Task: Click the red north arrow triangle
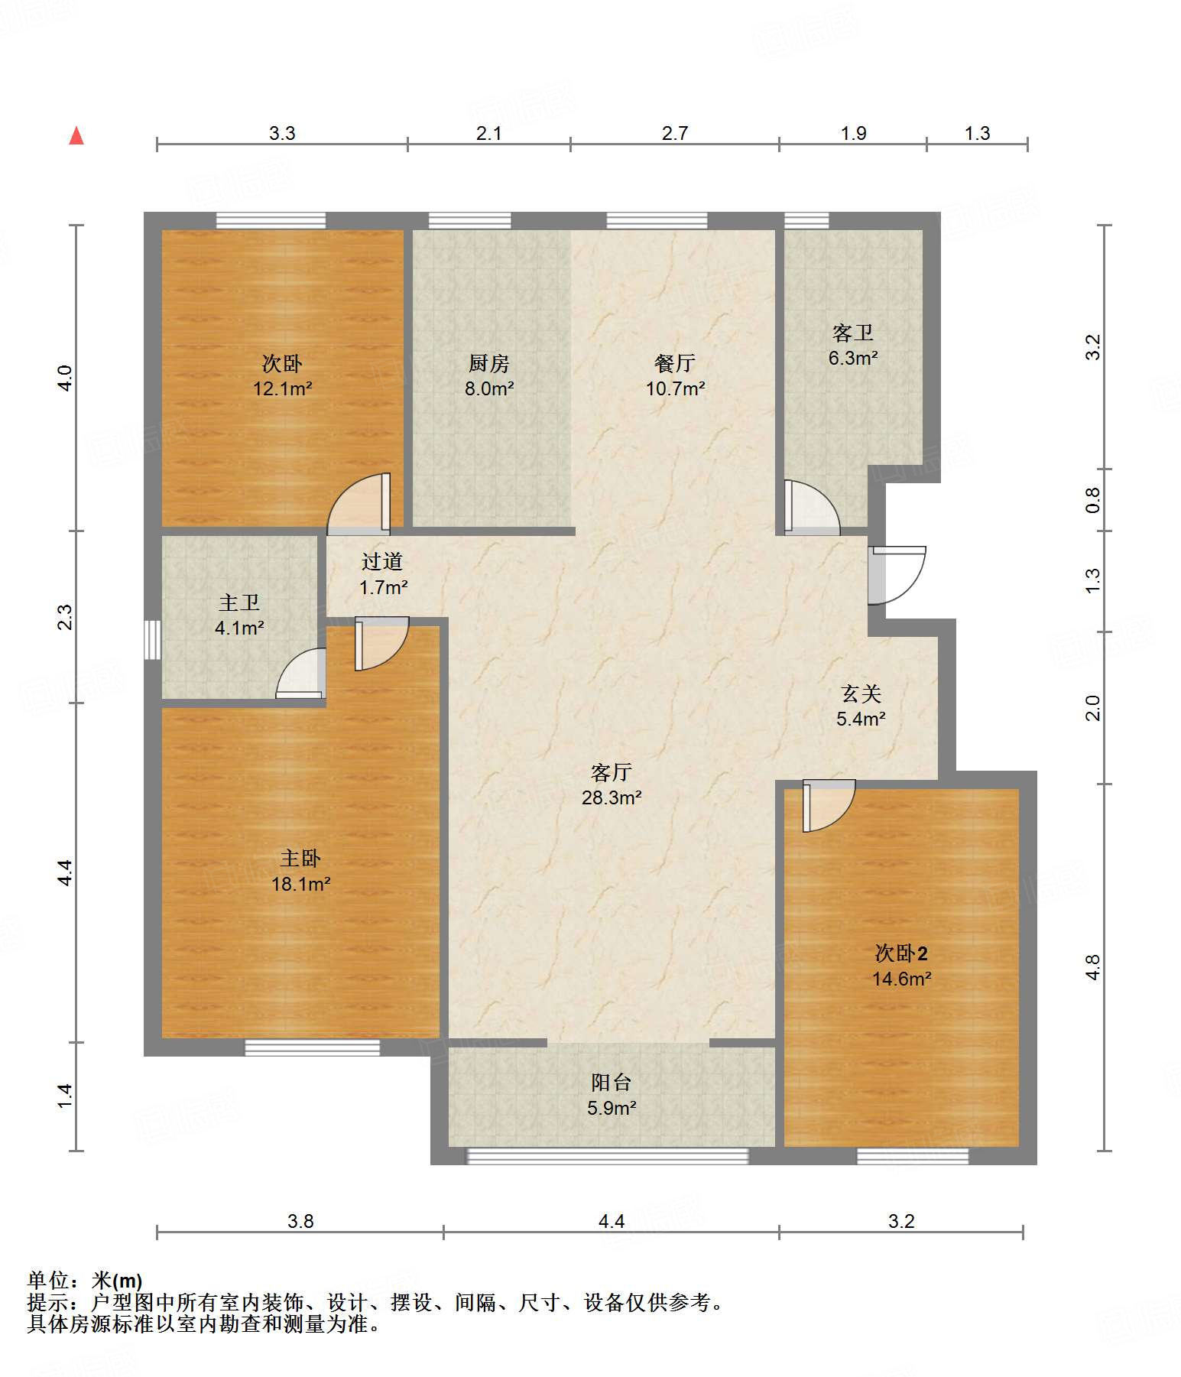point(76,135)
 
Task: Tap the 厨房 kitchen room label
point(489,363)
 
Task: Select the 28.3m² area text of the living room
point(612,797)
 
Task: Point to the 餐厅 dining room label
point(675,363)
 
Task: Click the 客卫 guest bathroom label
point(853,333)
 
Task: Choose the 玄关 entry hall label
point(861,693)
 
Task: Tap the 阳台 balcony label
point(612,1082)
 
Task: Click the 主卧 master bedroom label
point(300,859)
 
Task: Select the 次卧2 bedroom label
point(902,953)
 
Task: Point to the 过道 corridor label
point(382,562)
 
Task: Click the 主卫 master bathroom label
point(239,603)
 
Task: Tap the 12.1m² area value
point(283,388)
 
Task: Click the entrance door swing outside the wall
point(897,575)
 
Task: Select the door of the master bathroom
point(300,674)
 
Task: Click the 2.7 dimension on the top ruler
point(675,133)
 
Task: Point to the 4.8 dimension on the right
point(1094,967)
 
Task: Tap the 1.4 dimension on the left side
point(65,1096)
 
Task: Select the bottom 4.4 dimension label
point(612,1221)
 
